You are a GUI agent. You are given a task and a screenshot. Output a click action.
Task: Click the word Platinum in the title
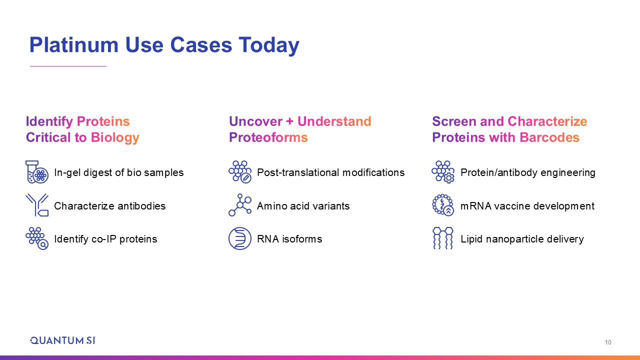(73, 45)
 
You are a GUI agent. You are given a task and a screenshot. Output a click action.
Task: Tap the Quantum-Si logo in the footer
(63, 340)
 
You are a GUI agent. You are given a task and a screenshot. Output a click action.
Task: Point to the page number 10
(607, 342)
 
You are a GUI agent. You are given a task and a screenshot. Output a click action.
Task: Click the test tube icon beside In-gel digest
(37, 172)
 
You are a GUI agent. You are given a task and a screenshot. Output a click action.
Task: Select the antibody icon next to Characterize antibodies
(37, 205)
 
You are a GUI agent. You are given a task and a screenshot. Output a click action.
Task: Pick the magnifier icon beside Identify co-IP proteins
(37, 238)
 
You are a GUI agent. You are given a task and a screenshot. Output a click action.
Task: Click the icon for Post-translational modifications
(240, 172)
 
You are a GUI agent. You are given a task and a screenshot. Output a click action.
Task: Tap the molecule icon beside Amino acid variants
(240, 205)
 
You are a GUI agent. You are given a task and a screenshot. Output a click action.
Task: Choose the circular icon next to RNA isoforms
(240, 238)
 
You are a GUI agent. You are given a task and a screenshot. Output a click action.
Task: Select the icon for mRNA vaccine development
(443, 205)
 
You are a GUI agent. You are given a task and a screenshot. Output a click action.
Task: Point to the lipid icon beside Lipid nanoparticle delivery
(443, 238)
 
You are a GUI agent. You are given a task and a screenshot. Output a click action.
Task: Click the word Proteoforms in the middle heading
(268, 137)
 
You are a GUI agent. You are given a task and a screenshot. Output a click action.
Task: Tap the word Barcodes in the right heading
(549, 137)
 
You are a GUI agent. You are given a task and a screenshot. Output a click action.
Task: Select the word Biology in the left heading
(115, 138)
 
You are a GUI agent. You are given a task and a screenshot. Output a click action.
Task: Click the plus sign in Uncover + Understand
(289, 121)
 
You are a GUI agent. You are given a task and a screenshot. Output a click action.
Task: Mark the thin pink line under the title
(68, 66)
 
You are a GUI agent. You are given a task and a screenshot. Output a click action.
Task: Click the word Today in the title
(269, 45)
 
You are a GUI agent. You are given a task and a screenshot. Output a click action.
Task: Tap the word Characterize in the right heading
(547, 121)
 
